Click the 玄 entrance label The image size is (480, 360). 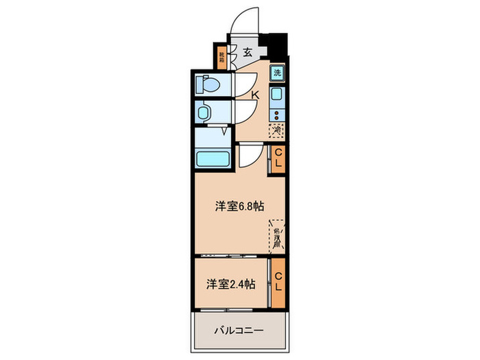[248, 51]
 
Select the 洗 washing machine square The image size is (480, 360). [278, 73]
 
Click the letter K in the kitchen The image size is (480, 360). [254, 95]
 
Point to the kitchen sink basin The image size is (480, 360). [278, 95]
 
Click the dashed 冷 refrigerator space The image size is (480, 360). [278, 130]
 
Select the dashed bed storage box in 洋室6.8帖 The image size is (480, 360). [277, 236]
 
